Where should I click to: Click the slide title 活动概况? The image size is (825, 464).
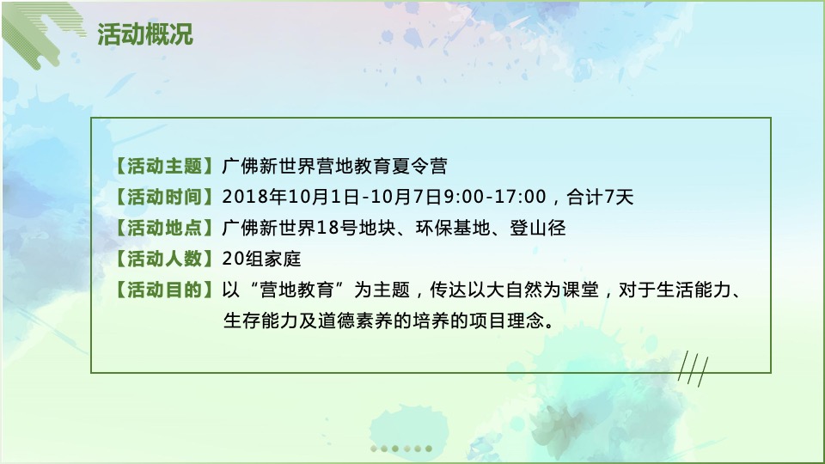pyautogui.click(x=144, y=34)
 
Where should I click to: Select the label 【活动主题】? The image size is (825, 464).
pyautogui.click(x=162, y=166)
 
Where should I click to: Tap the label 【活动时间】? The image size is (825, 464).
pyautogui.click(x=162, y=197)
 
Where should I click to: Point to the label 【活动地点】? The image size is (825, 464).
pyautogui.click(x=162, y=228)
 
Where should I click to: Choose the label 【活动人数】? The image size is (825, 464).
pyautogui.click(x=162, y=259)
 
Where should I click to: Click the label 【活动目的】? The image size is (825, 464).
pyautogui.click(x=162, y=290)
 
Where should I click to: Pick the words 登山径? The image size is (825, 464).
pyautogui.click(x=539, y=228)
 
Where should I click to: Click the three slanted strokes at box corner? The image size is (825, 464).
pyautogui.click(x=691, y=370)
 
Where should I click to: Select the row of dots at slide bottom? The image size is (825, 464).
pyautogui.click(x=400, y=448)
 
